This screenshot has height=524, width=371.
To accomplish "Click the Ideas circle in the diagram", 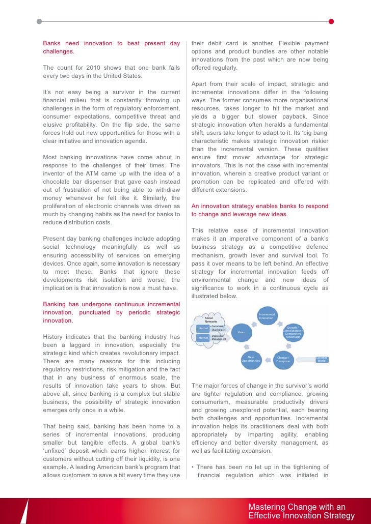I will (241, 332).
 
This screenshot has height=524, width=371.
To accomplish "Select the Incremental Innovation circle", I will (267, 316).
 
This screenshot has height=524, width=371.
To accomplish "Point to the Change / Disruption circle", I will (283, 359).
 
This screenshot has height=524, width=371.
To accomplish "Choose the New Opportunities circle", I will (250, 359).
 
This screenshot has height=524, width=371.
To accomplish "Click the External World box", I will (322, 359).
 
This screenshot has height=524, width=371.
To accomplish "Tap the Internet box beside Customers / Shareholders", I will (203, 329).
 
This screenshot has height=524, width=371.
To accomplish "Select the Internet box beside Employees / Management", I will (203, 338).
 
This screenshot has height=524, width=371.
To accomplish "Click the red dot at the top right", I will (331, 22).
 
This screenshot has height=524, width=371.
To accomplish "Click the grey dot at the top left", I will (40, 22).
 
